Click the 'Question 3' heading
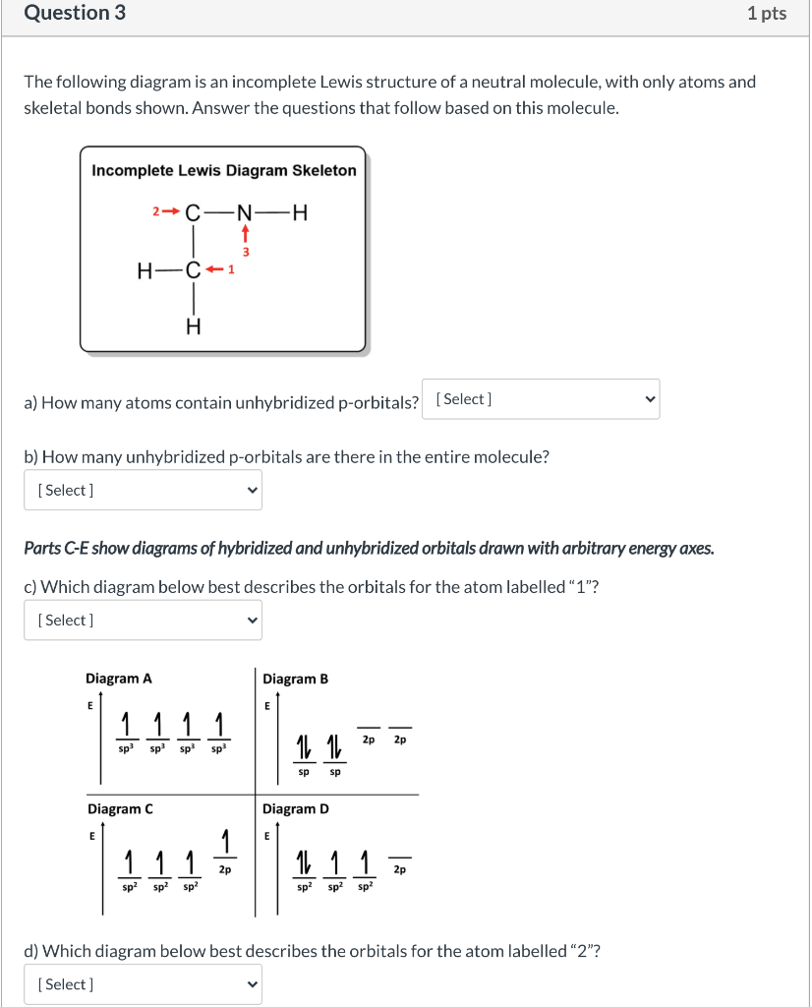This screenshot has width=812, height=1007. point(75,14)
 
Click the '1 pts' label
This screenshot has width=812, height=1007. point(767,14)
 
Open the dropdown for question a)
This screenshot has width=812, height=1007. point(541,399)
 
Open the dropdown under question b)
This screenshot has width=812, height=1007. point(143,490)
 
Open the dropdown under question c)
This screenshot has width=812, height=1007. point(143,621)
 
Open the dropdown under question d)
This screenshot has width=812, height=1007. point(143,984)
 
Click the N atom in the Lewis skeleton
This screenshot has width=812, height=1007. point(245,212)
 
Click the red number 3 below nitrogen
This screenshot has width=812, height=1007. point(246,253)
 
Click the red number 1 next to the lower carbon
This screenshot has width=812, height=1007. point(231,270)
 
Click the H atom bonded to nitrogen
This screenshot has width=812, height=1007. point(300,212)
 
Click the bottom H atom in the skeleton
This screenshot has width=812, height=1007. point(194,327)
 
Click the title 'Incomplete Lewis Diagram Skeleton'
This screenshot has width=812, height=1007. point(224,170)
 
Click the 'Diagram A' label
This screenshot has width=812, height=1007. point(119,679)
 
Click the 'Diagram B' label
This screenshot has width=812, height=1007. point(296,679)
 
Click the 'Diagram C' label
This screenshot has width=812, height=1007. point(120,809)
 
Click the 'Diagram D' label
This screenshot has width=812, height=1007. point(296,809)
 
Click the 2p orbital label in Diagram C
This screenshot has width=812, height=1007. point(225,869)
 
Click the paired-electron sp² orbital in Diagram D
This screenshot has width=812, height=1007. point(306,865)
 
